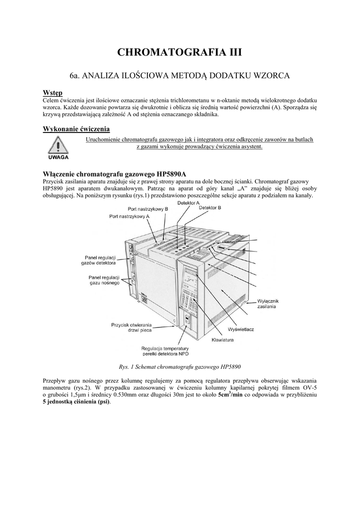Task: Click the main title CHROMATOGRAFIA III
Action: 180,53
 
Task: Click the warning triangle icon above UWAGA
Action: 58,146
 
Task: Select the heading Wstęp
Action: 52,93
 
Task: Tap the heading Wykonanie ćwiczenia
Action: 76,128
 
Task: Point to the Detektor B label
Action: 210,208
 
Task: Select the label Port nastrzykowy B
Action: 148,209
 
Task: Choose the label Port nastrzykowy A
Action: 130,217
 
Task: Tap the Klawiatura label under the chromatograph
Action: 222,340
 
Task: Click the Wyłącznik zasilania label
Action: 271,304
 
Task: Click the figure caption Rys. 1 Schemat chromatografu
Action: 180,367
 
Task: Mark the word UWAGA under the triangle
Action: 58,160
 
